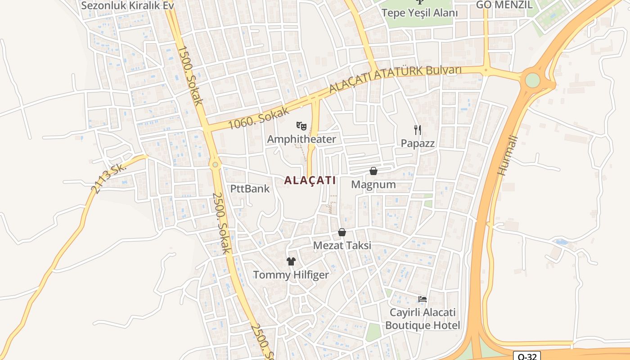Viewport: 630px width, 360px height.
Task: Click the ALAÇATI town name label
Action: pyautogui.click(x=310, y=180)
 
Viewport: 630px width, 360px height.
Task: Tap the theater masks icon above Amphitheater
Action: pyautogui.click(x=301, y=126)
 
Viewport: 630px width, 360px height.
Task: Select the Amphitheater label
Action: pyautogui.click(x=301, y=139)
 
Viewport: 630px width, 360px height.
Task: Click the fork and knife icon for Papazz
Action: pyautogui.click(x=418, y=130)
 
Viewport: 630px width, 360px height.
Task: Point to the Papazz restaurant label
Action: pyautogui.click(x=418, y=143)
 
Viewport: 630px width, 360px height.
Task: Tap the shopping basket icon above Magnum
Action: pyautogui.click(x=373, y=171)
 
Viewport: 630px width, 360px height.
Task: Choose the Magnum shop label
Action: pyautogui.click(x=373, y=184)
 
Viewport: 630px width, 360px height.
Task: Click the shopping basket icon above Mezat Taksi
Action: pyautogui.click(x=342, y=232)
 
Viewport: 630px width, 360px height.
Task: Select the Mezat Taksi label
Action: pyautogui.click(x=342, y=246)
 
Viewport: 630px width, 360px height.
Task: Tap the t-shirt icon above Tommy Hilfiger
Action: pyautogui.click(x=291, y=261)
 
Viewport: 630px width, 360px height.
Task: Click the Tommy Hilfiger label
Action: pyautogui.click(x=291, y=274)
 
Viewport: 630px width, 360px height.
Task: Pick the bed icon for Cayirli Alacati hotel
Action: pyautogui.click(x=422, y=299)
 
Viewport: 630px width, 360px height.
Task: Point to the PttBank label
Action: pyautogui.click(x=250, y=189)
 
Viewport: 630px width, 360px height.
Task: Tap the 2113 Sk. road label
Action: pyautogui.click(x=109, y=178)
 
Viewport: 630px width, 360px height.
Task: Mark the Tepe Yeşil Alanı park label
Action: pyautogui.click(x=419, y=13)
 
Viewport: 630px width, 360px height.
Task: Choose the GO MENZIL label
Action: pyautogui.click(x=504, y=5)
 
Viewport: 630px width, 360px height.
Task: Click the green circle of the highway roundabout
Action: pyautogui.click(x=532, y=80)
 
